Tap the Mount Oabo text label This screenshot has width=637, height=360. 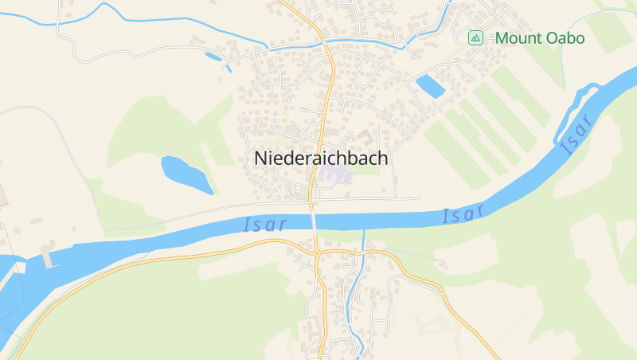point(539,38)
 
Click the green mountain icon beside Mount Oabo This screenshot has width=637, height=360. point(475,37)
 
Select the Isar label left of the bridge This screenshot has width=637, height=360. point(264,225)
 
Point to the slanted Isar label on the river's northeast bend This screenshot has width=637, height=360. point(574,134)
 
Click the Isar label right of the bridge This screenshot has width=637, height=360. point(463,214)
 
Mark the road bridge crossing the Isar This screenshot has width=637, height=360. point(315,220)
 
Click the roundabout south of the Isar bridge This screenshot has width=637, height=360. point(318,253)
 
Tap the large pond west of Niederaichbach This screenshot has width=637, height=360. point(186,174)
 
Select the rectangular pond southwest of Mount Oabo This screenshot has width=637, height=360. point(430,85)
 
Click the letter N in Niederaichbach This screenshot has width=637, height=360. point(260,158)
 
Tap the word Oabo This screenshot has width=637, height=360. point(565,38)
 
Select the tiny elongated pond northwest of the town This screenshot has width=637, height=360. point(213,56)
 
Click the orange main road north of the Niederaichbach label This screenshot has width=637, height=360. point(329,88)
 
